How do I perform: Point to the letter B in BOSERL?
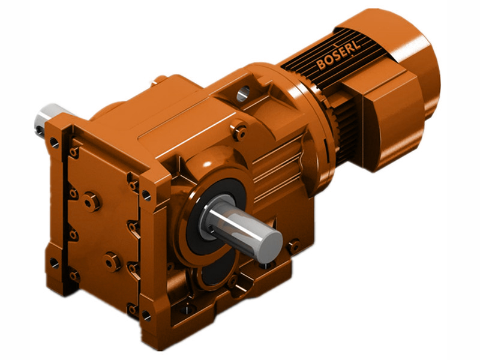tap(322, 64)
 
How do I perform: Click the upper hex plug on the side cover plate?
tap(91, 201)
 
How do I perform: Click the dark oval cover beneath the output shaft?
tap(209, 276)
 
